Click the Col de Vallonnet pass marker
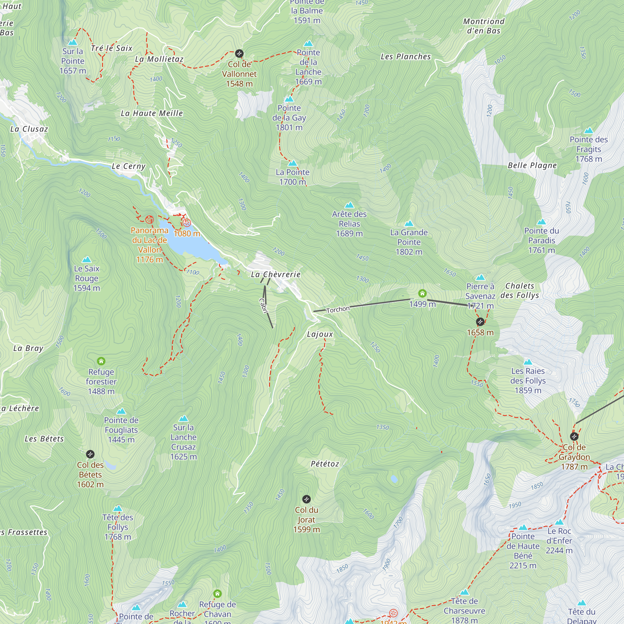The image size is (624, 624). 239,53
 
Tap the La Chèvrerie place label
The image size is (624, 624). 275,275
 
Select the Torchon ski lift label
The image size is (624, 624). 338,310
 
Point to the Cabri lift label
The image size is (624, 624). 264,305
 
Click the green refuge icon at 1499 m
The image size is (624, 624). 422,293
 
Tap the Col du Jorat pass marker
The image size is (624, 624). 306,499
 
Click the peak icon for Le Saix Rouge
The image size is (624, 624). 86,260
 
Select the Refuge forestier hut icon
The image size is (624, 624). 101,361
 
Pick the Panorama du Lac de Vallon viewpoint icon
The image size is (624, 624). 149,220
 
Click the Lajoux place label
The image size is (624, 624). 320,334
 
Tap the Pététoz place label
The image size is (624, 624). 324,464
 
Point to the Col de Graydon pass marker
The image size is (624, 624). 574,437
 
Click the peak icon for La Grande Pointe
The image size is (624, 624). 409,223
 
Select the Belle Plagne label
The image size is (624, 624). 532,165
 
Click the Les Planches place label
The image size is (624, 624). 406,56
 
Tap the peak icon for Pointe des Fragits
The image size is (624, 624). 588,131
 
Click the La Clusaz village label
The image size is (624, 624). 29,129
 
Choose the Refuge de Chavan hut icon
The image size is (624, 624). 217,594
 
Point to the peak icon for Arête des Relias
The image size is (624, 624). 349,205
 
